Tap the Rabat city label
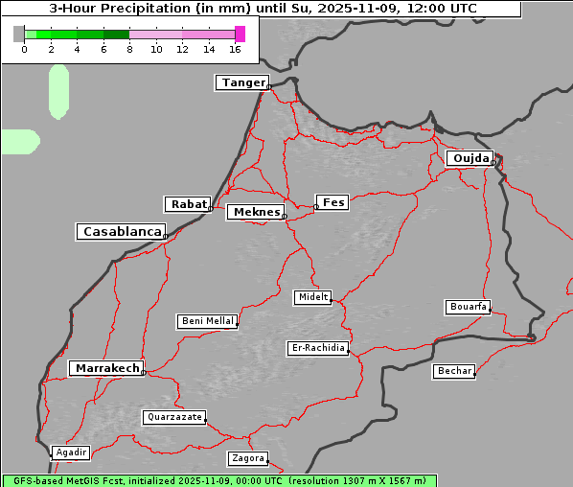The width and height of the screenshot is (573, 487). click(x=188, y=204)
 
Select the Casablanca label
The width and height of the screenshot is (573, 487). click(x=122, y=232)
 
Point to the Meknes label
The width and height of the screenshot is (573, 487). click(x=255, y=212)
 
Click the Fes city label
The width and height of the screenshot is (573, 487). click(x=332, y=202)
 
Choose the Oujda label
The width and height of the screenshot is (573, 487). click(x=470, y=158)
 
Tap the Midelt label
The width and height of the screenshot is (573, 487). click(x=312, y=297)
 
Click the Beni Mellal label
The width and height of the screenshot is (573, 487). click(x=207, y=321)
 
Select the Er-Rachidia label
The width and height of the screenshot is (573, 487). click(x=318, y=348)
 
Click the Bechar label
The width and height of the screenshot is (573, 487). click(x=454, y=371)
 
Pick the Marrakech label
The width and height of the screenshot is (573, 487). click(x=105, y=368)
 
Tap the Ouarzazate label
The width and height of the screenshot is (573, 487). click(x=173, y=417)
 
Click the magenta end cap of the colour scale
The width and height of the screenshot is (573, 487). click(x=240, y=34)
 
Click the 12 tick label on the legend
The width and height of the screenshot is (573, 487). click(x=183, y=49)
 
